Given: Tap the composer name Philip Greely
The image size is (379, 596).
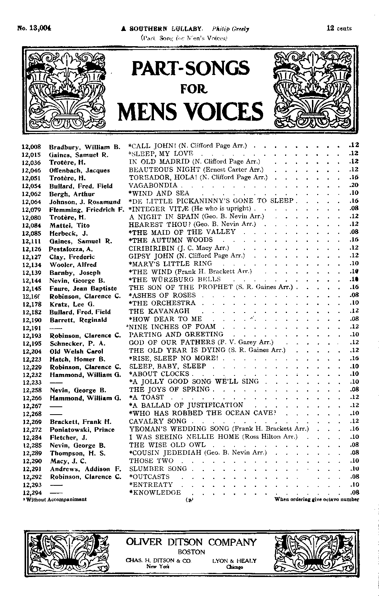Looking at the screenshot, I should pos(230,29).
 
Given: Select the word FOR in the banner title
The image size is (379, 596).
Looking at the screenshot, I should pos(190,89).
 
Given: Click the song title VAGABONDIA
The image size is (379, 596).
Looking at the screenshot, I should pos(153,185).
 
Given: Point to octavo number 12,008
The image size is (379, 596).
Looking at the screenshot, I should pos(32,147).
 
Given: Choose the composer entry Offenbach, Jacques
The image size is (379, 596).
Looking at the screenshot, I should pos(79,170).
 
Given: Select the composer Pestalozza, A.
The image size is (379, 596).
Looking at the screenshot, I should pos(71,249).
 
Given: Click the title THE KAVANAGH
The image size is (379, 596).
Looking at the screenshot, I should pos(159,311).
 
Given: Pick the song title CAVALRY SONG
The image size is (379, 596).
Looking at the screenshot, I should pos(158,421).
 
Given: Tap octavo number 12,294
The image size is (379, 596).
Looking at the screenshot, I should pos(32,493).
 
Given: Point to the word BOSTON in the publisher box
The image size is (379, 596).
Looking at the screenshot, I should pos(191,552).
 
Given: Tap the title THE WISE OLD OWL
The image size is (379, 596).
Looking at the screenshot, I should pos(167,445).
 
